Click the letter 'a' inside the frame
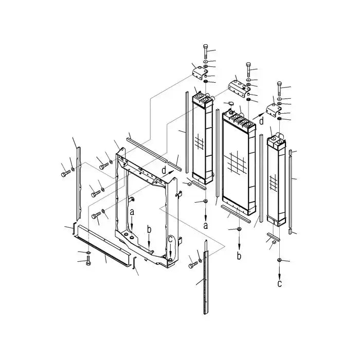pos(132,211)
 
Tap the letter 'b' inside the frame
pos(149,229)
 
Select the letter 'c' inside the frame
pos(170,238)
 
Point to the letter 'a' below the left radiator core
pos(206,225)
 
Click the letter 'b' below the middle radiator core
pos(239,255)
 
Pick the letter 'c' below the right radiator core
pos(279,283)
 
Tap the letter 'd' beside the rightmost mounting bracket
pos(261,121)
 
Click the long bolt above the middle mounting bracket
pos(248,69)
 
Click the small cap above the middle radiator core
pos(230,103)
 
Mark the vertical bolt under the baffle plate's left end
pos(87,263)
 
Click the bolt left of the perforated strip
pos(192,264)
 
